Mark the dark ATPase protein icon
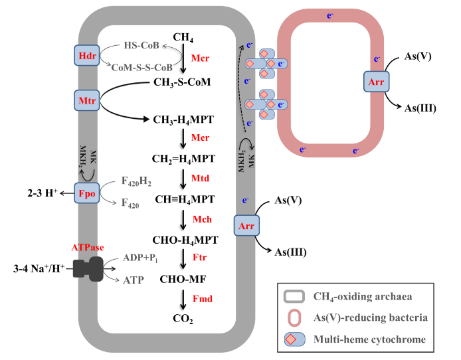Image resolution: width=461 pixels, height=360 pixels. point(88,268)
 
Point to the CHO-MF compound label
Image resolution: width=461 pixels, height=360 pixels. point(182,280)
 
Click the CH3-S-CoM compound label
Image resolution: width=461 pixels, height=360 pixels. point(182,82)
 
